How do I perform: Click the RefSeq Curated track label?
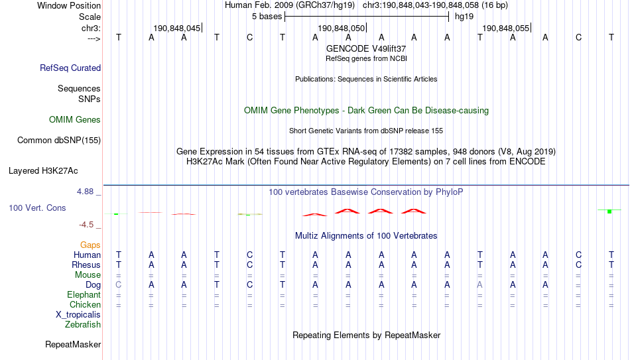(x=70, y=68)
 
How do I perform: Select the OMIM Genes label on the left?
(x=75, y=120)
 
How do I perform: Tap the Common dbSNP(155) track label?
(x=59, y=141)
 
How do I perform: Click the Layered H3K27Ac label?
(x=43, y=171)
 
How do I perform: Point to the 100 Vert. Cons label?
(x=37, y=208)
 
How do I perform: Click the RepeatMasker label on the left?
(x=73, y=344)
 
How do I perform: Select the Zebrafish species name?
(x=83, y=324)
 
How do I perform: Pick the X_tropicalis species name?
(x=78, y=315)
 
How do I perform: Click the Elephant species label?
(x=84, y=294)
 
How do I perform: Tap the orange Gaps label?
(x=90, y=245)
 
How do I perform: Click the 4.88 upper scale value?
(x=85, y=192)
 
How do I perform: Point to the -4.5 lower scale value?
(x=86, y=225)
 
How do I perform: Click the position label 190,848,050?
(x=341, y=28)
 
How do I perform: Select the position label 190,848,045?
(x=177, y=28)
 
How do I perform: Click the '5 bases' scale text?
(x=267, y=17)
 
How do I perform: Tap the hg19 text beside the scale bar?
(x=464, y=17)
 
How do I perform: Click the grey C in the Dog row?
(x=119, y=285)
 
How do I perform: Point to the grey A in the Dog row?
(x=479, y=285)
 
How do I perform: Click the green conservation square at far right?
(x=609, y=211)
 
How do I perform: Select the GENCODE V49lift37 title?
(x=366, y=48)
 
